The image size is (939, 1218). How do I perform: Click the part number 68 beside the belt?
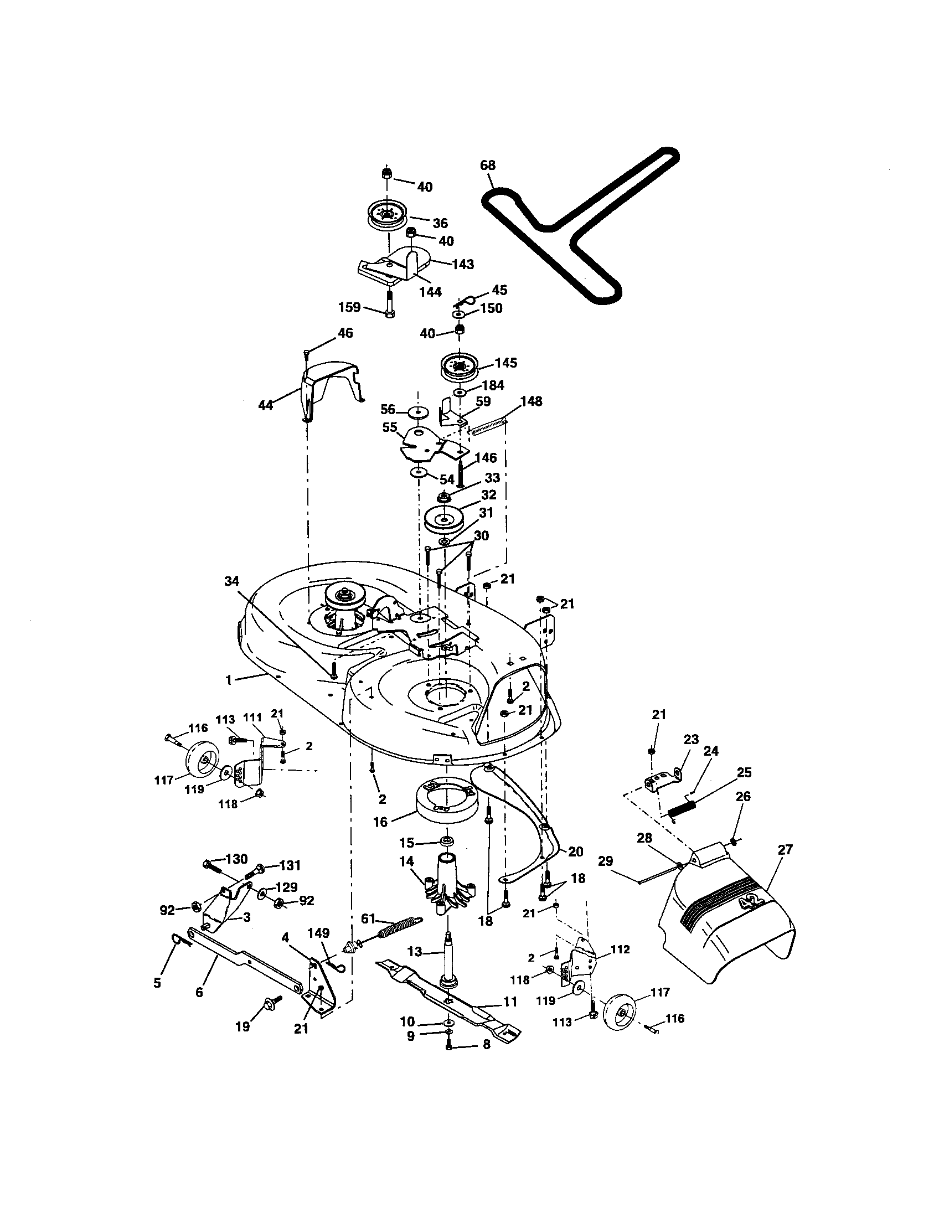pyautogui.click(x=487, y=165)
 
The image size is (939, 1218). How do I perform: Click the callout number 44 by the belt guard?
pyautogui.click(x=265, y=405)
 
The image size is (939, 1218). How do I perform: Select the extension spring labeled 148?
pyautogui.click(x=489, y=427)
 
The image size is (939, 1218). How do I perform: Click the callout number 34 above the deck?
pyautogui.click(x=231, y=581)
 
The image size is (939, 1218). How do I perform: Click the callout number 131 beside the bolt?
pyautogui.click(x=290, y=865)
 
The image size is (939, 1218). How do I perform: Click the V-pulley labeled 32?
pyautogui.click(x=444, y=519)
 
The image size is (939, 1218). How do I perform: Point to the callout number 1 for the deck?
pyautogui.click(x=228, y=680)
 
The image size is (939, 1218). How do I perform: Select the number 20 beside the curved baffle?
pyautogui.click(x=575, y=851)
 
